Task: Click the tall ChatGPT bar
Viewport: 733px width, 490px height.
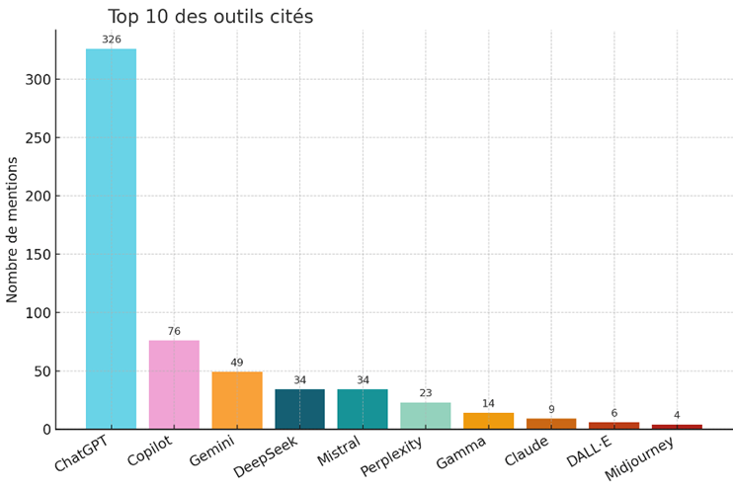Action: coord(111,237)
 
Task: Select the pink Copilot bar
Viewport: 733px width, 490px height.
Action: coord(174,384)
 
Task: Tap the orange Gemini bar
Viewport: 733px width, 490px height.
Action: coord(237,400)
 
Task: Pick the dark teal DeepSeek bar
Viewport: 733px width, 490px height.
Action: coord(299,409)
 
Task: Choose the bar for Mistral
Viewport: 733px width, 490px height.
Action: coord(363,409)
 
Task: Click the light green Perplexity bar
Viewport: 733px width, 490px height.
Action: coord(426,416)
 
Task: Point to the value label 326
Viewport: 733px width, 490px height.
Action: coord(111,40)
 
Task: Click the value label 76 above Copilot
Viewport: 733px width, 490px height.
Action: coord(174,332)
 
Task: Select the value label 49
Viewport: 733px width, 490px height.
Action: coord(237,364)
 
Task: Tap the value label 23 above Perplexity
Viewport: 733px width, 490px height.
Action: coord(426,393)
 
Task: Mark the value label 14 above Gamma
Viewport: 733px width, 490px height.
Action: coord(488,404)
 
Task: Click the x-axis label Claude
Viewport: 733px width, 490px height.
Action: coord(526,451)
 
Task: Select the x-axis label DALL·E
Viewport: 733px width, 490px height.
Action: coord(590,452)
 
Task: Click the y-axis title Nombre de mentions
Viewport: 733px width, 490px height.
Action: coord(13,229)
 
